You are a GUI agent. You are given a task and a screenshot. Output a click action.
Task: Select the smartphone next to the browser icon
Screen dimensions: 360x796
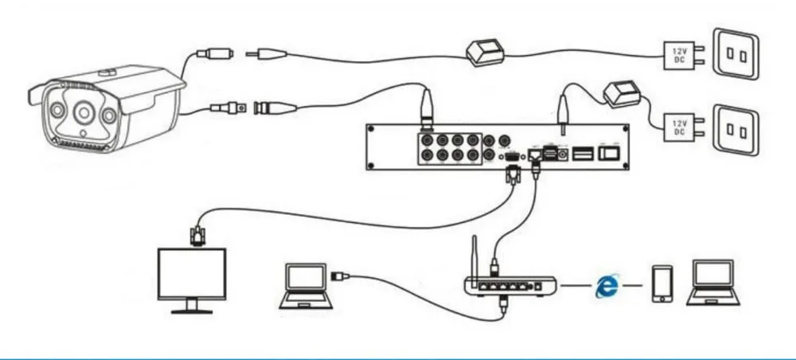(x=661, y=284)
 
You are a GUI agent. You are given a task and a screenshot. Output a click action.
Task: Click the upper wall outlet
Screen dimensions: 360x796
(x=736, y=56)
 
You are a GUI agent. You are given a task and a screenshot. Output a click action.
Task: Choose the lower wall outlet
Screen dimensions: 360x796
(x=736, y=127)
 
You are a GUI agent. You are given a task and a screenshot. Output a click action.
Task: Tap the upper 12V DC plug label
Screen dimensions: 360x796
(x=678, y=56)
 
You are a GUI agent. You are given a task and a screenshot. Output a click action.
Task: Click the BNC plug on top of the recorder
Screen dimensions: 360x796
(x=427, y=107)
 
